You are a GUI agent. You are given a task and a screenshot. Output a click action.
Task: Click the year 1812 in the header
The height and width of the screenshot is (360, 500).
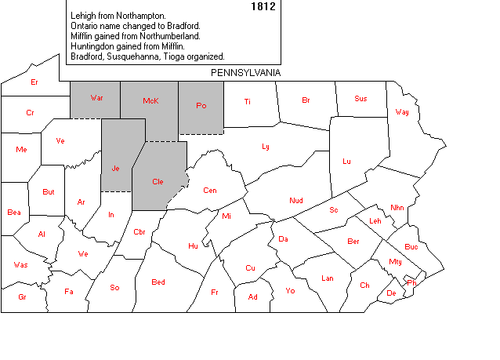(x=263, y=6)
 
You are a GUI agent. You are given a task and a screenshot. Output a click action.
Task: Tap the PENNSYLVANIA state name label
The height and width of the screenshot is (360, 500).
(x=245, y=72)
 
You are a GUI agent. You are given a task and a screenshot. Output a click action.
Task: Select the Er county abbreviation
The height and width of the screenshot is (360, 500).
(x=34, y=82)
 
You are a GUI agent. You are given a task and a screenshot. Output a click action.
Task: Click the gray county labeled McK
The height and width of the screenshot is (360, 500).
(x=150, y=101)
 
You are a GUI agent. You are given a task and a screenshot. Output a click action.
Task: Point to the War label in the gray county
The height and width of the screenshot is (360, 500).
(x=96, y=98)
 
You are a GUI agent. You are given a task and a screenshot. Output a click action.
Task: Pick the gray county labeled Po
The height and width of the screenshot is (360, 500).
(x=201, y=104)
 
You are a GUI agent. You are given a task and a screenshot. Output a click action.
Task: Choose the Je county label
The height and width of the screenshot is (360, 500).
(x=115, y=169)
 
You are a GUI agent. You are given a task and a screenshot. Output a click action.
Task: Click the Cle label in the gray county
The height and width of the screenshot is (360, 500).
(x=158, y=182)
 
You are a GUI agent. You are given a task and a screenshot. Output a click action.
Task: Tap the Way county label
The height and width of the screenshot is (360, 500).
(x=402, y=112)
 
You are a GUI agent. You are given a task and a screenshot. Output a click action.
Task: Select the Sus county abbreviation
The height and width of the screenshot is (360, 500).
(x=361, y=99)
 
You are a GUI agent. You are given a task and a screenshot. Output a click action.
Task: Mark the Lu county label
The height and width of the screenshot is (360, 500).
(x=346, y=162)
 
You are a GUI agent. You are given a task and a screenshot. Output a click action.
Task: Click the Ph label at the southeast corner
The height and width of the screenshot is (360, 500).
(x=411, y=282)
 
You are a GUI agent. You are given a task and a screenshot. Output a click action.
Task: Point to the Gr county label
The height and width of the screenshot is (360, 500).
(x=22, y=297)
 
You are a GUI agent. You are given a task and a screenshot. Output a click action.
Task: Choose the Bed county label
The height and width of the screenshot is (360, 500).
(x=158, y=282)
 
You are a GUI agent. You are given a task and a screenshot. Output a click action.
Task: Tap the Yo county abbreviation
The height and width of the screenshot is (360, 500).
(x=290, y=291)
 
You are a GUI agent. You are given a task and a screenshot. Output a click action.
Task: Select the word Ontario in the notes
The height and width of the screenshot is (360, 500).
(x=86, y=26)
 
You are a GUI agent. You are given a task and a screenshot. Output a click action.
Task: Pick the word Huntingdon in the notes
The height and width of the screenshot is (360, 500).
(x=94, y=46)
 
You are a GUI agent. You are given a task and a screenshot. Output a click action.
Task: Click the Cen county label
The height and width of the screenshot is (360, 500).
(x=210, y=191)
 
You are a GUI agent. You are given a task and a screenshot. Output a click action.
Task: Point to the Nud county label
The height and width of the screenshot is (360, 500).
(x=296, y=201)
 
